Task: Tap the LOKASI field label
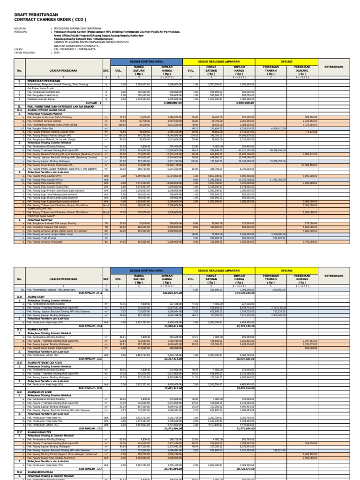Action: pos(19,48)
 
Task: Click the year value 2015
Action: pos(57,52)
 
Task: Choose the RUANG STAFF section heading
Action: pos(37,297)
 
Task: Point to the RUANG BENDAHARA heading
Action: pos(40,473)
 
